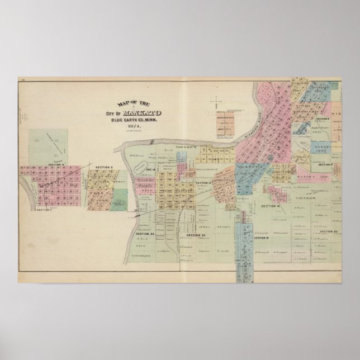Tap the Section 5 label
coord(104,167)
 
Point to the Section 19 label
coord(262,238)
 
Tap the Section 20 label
coord(330,230)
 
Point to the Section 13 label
coord(203,183)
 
